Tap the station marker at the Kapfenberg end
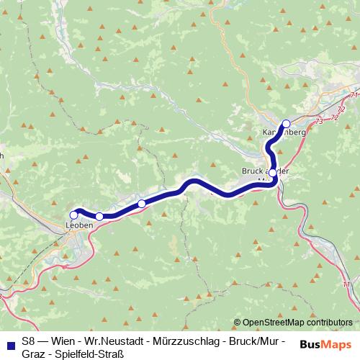[x=286, y=123]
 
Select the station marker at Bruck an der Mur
[x=273, y=173]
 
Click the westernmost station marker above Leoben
[x=73, y=215]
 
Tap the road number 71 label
[x=353, y=95]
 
